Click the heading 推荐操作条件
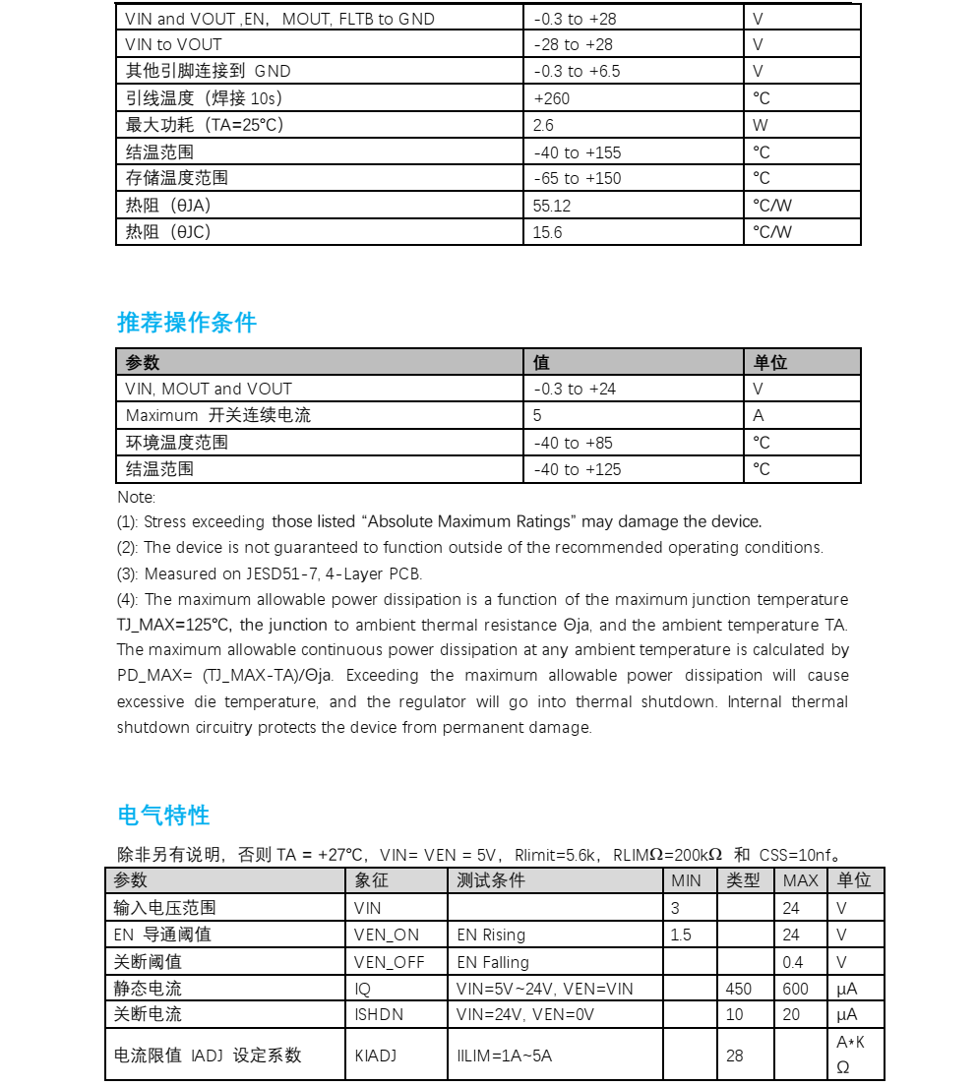pos(187,323)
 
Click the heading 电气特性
pos(163,815)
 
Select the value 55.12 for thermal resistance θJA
pos(552,206)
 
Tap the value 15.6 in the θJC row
pos(548,232)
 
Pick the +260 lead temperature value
pos(552,98)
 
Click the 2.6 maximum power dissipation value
pos(543,125)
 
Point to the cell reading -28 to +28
pos(573,44)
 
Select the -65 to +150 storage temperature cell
pos(578,178)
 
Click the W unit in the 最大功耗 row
pos(760,125)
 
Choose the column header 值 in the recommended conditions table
pos(541,362)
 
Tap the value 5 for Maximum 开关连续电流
pos(537,415)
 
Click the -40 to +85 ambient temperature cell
pos(573,443)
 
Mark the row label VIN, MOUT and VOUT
pos(209,389)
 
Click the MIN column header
pos(686,880)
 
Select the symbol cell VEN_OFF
pos(389,962)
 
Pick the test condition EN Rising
pos(491,935)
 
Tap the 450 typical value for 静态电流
pos(738,989)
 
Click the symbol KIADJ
pos(376,1056)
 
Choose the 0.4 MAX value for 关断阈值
pos(792,962)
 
